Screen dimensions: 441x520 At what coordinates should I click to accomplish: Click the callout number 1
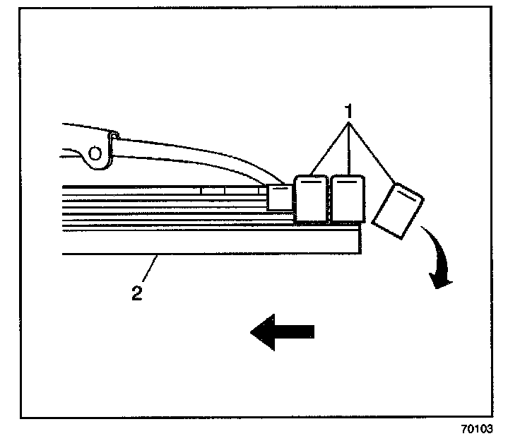pos(348,111)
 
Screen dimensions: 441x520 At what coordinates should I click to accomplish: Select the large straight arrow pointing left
pos(283,331)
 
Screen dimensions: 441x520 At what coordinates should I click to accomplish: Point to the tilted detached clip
pos(397,210)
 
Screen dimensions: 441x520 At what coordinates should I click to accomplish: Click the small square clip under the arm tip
pos(278,197)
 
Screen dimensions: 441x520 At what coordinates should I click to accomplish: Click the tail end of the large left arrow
pos(312,331)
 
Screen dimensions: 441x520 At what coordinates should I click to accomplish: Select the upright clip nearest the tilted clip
pos(348,199)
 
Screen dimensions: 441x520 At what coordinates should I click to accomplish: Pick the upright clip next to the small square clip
pos(310,199)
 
